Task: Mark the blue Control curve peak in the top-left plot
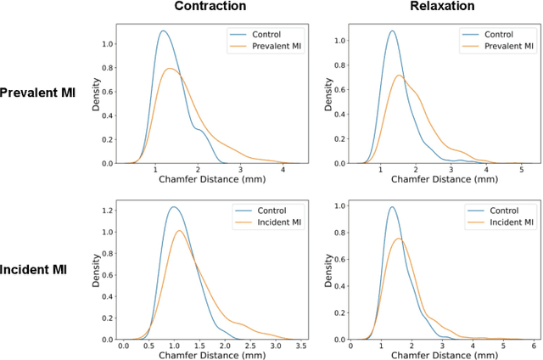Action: pyautogui.click(x=164, y=31)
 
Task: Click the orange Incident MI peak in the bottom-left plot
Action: pyautogui.click(x=179, y=230)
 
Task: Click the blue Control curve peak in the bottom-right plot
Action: pyautogui.click(x=391, y=206)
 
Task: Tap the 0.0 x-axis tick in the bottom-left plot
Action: pyautogui.click(x=124, y=346)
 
